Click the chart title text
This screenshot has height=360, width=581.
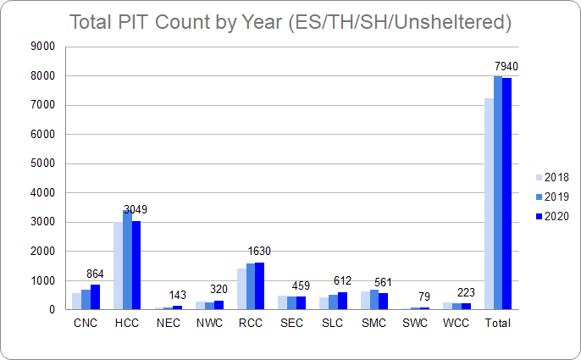[x=290, y=22]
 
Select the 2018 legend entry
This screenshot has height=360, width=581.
[x=551, y=178]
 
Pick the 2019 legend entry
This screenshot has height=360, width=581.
[x=551, y=197]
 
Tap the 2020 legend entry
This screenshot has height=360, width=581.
[x=551, y=216]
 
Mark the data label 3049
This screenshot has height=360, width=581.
[x=136, y=209]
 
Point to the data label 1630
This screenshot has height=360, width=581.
[x=260, y=252]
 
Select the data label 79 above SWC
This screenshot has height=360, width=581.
[x=425, y=296]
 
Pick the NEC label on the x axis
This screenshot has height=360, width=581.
[x=168, y=323]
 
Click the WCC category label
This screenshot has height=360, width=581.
[x=456, y=323]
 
